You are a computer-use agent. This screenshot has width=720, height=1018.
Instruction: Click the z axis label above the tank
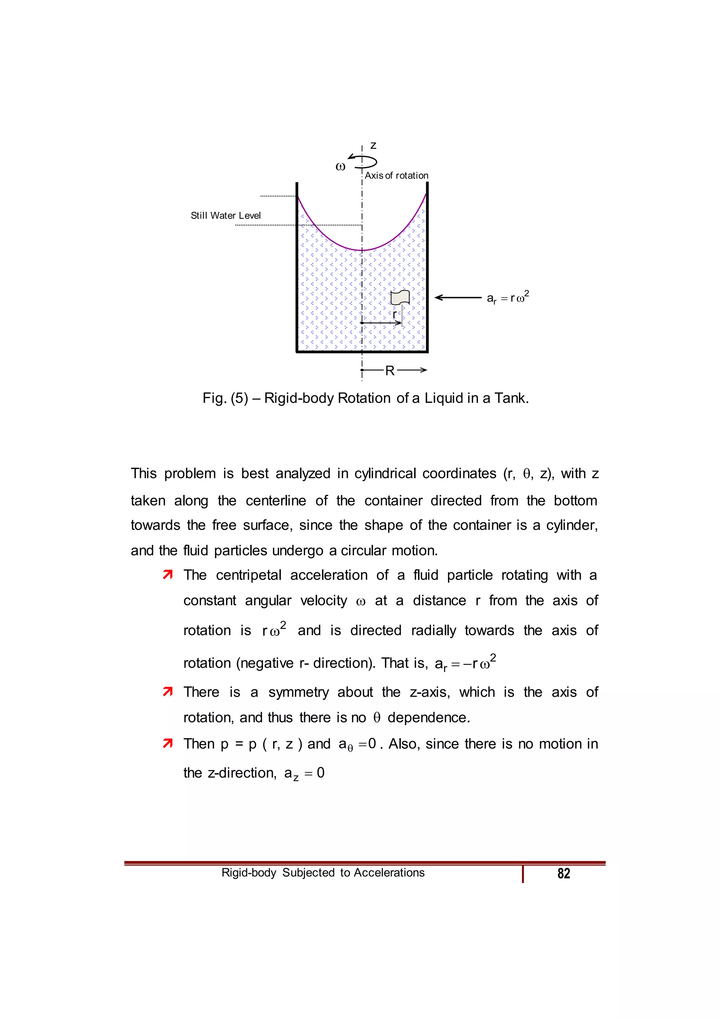click(373, 146)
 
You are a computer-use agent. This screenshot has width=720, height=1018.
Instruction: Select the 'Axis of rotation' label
click(396, 175)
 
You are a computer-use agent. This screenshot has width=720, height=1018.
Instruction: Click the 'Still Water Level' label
click(226, 215)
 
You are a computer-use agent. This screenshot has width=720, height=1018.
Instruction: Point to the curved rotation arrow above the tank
click(364, 161)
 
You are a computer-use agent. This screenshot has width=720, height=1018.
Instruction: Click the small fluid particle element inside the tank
click(400, 297)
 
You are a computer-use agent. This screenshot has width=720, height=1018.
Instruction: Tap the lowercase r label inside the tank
click(394, 314)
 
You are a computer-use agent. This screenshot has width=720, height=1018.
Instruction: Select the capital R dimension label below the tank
click(390, 371)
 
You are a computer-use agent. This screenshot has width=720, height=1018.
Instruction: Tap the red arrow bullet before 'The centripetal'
click(168, 575)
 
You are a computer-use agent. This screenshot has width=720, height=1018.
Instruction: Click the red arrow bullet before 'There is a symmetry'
click(168, 692)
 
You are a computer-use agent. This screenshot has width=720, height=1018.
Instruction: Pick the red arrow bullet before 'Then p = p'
click(168, 743)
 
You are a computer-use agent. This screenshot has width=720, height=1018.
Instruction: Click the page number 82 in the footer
click(564, 873)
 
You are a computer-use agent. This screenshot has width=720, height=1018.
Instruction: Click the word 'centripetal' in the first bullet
click(249, 575)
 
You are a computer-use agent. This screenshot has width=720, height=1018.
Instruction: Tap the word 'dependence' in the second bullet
click(428, 717)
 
